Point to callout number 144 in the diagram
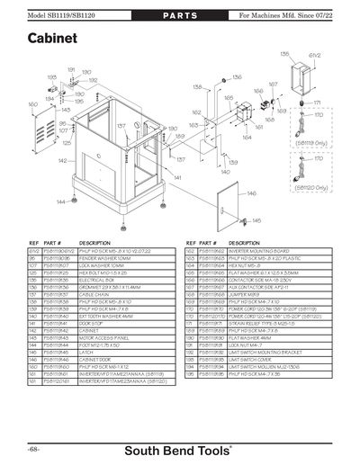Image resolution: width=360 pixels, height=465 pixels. click(x=59, y=202)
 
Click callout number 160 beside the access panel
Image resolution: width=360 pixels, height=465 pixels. click(x=32, y=105)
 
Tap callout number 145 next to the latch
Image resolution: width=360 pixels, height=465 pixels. click(x=256, y=219)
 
